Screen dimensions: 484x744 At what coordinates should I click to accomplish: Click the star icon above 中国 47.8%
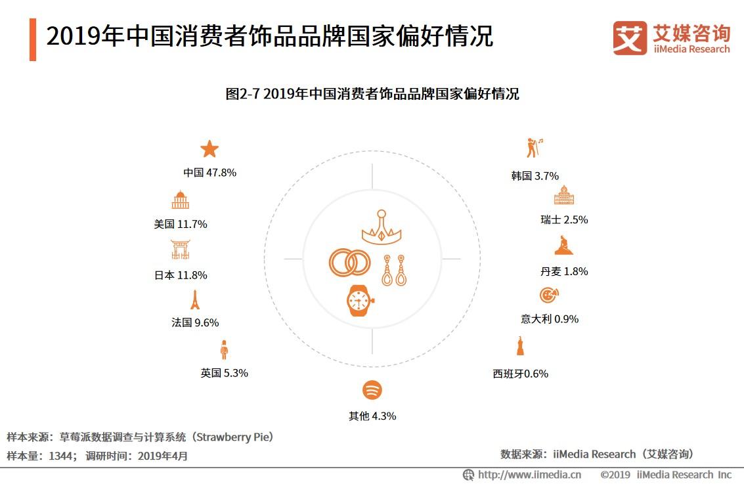pos(209,149)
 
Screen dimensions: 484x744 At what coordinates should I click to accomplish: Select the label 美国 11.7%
pos(181,224)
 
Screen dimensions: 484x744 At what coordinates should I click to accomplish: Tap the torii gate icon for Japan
pos(180,250)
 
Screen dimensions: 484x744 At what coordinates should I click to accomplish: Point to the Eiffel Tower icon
pos(194,299)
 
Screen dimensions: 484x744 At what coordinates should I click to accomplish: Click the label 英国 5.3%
pos(224,373)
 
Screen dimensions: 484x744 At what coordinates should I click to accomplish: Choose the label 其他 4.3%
pos(372,416)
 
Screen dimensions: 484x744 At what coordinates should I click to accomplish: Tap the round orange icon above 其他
pos(372,390)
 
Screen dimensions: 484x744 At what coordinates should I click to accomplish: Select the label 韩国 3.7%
pos(535,176)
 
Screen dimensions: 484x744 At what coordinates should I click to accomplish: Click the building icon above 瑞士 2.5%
pos(564,195)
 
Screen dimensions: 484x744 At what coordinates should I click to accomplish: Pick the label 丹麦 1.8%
pos(563,271)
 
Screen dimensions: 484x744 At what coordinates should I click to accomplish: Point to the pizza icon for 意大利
pos(549,296)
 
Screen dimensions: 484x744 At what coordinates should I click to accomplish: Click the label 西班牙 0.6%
pos(520,374)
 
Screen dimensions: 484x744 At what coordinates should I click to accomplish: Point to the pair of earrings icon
pos(394,269)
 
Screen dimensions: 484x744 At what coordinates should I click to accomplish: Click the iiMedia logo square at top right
pos(630,38)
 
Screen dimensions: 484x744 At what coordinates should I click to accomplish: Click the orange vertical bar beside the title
pos(33,39)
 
